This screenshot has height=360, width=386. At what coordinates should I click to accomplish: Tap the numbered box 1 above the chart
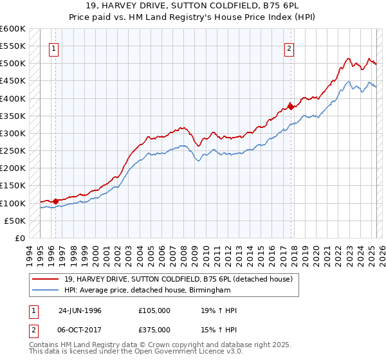[53, 47]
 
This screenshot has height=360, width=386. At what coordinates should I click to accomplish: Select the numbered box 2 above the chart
[289, 47]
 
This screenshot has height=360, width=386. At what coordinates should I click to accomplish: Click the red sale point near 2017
[291, 106]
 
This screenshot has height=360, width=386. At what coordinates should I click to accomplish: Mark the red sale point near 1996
[55, 201]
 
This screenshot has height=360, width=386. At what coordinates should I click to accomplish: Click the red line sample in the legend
[46, 279]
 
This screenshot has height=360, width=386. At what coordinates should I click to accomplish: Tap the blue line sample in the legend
[46, 291]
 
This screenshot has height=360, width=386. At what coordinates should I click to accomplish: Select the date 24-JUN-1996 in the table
[80, 310]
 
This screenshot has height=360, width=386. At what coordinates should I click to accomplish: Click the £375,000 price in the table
[154, 330]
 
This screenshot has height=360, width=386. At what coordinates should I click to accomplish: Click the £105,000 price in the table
[154, 310]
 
